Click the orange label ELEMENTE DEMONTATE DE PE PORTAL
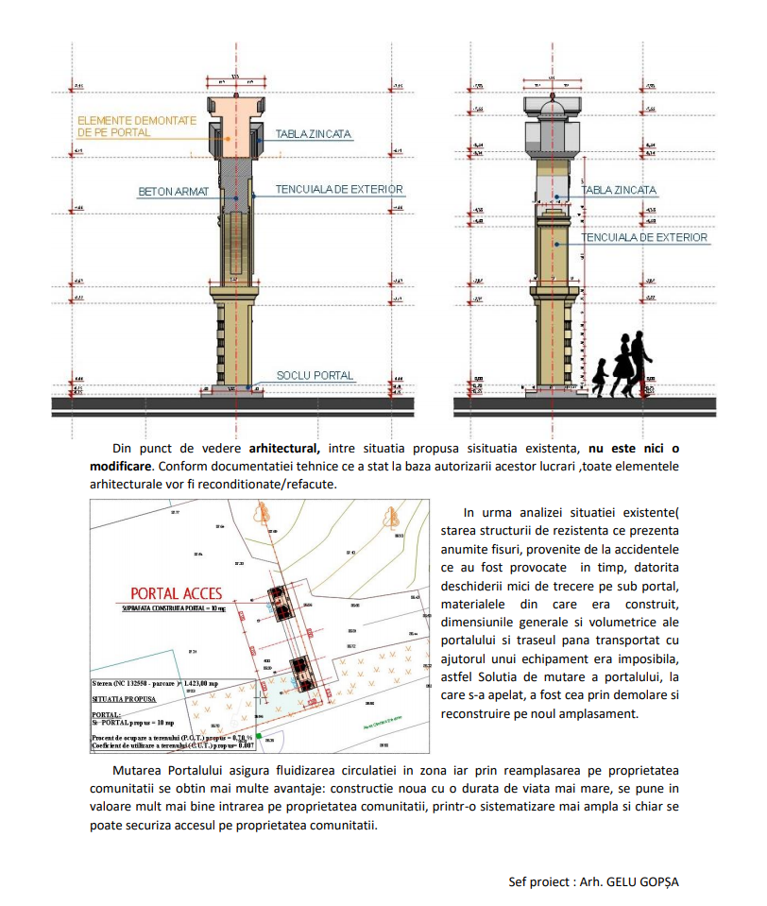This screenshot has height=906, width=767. point(136,127)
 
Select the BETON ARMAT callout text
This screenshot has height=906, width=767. point(172,192)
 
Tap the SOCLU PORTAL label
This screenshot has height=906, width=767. point(315,376)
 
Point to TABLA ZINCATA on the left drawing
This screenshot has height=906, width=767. point(314,135)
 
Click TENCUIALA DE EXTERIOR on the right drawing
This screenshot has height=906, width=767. point(645,238)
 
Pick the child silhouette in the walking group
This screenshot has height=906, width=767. point(600,375)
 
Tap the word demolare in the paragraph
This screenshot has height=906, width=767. point(606,696)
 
